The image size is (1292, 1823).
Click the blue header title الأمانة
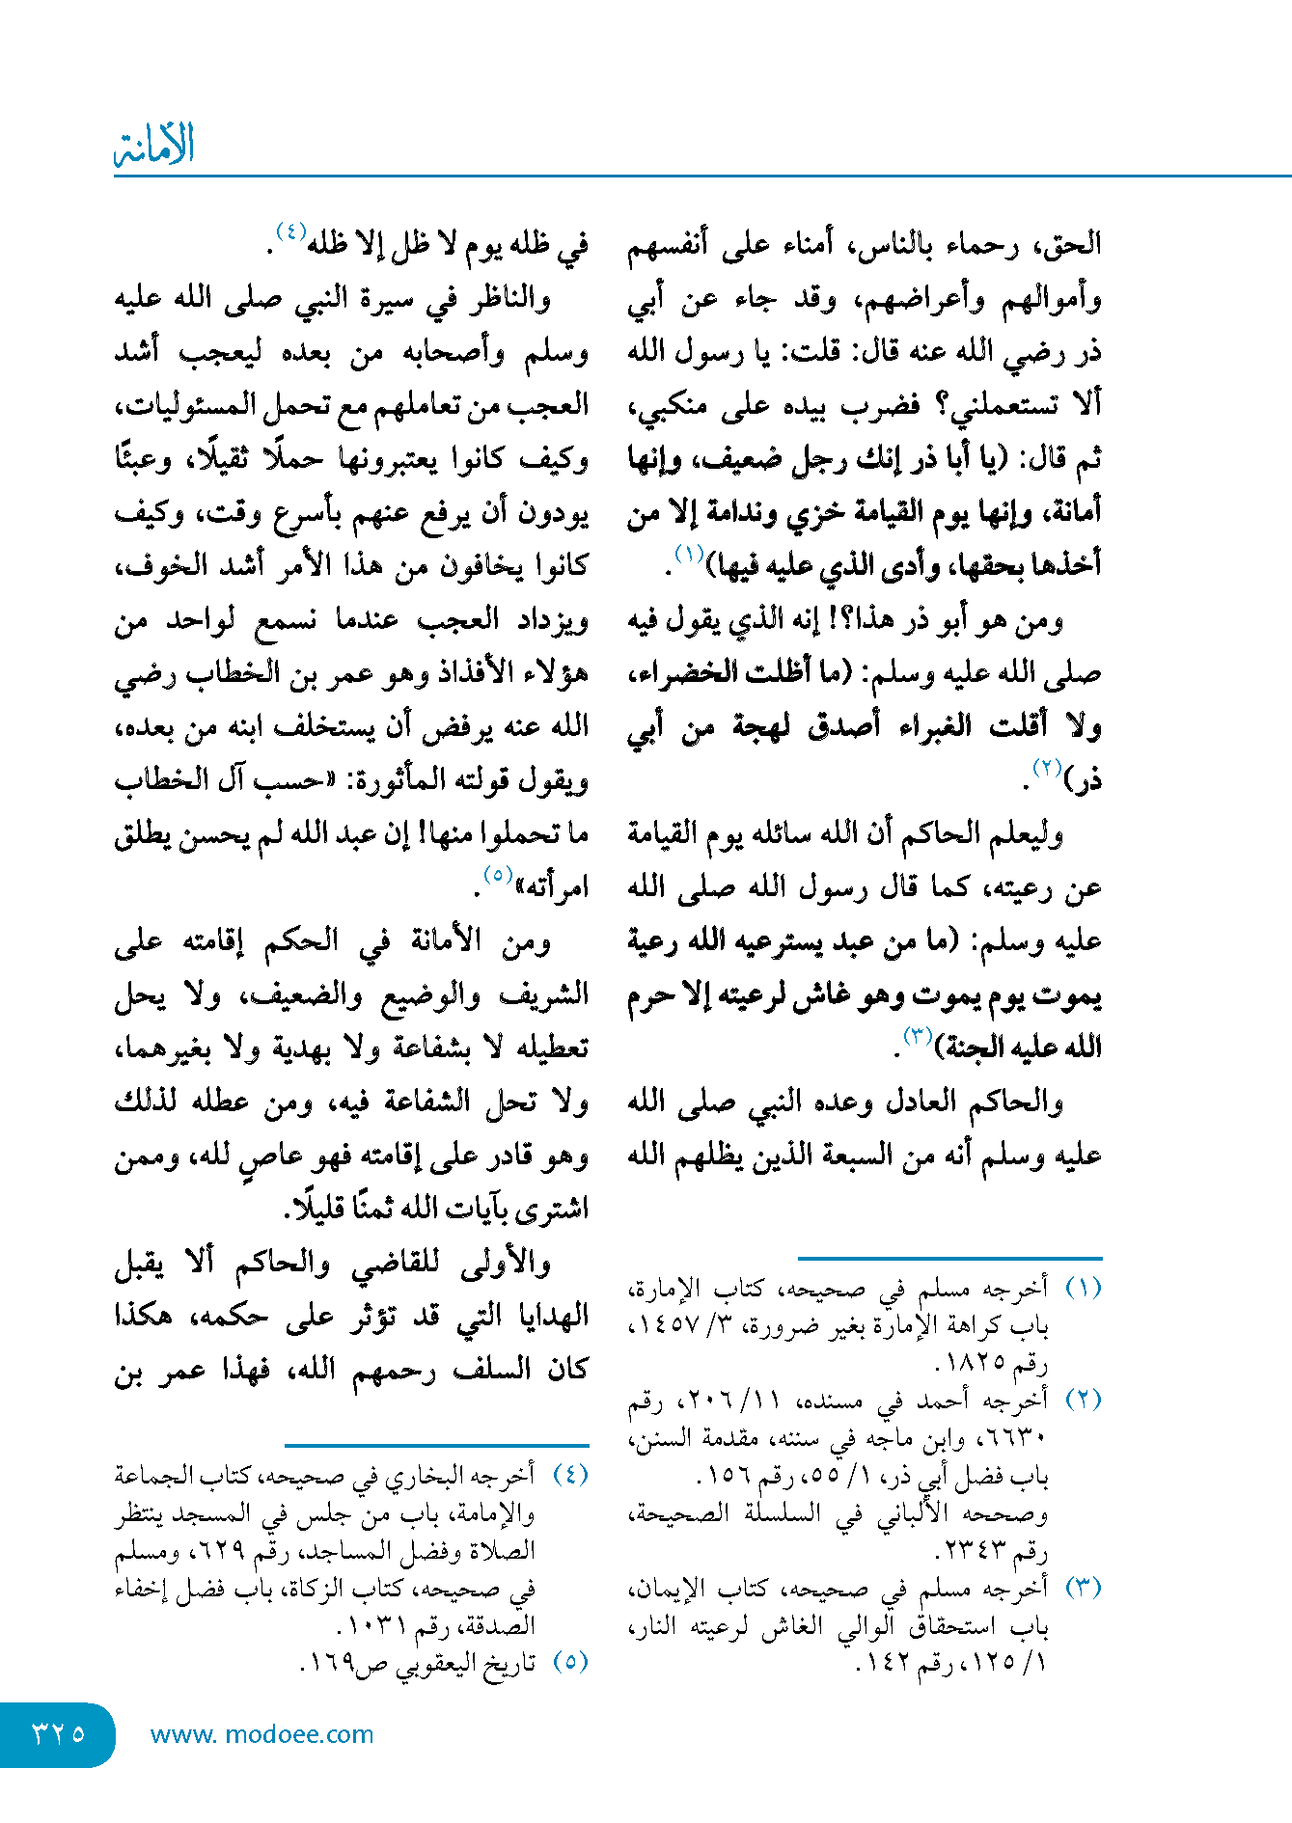(x=154, y=146)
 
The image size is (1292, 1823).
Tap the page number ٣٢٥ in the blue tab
(x=58, y=1733)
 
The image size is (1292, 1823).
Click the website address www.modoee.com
(x=261, y=1734)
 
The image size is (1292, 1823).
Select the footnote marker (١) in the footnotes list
(x=1083, y=1289)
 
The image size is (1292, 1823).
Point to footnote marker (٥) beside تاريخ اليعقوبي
(x=569, y=1662)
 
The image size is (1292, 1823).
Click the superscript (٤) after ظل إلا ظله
(x=290, y=231)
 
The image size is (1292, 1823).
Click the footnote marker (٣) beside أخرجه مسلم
(x=1083, y=1589)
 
